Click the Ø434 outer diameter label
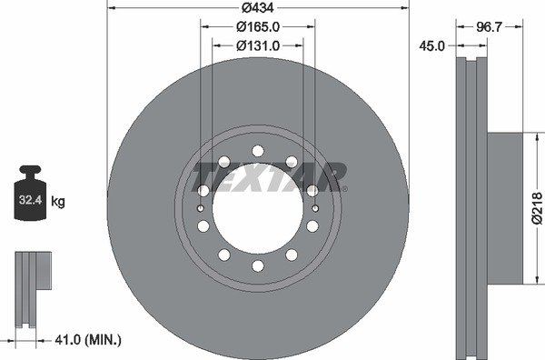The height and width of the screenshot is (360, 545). (x=258, y=7)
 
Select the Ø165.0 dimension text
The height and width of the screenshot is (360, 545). (x=258, y=26)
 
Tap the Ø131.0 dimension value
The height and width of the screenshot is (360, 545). (x=258, y=45)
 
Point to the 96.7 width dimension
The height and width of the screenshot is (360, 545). (x=489, y=26)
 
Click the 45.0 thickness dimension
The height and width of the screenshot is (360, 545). (x=431, y=46)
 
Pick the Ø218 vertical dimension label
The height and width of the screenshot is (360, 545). (x=537, y=208)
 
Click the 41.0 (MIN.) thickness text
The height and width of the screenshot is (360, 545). (x=88, y=340)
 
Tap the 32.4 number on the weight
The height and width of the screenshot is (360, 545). (x=30, y=200)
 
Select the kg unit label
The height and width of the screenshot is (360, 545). (x=58, y=202)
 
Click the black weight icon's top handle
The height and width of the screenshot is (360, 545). (x=30, y=171)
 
